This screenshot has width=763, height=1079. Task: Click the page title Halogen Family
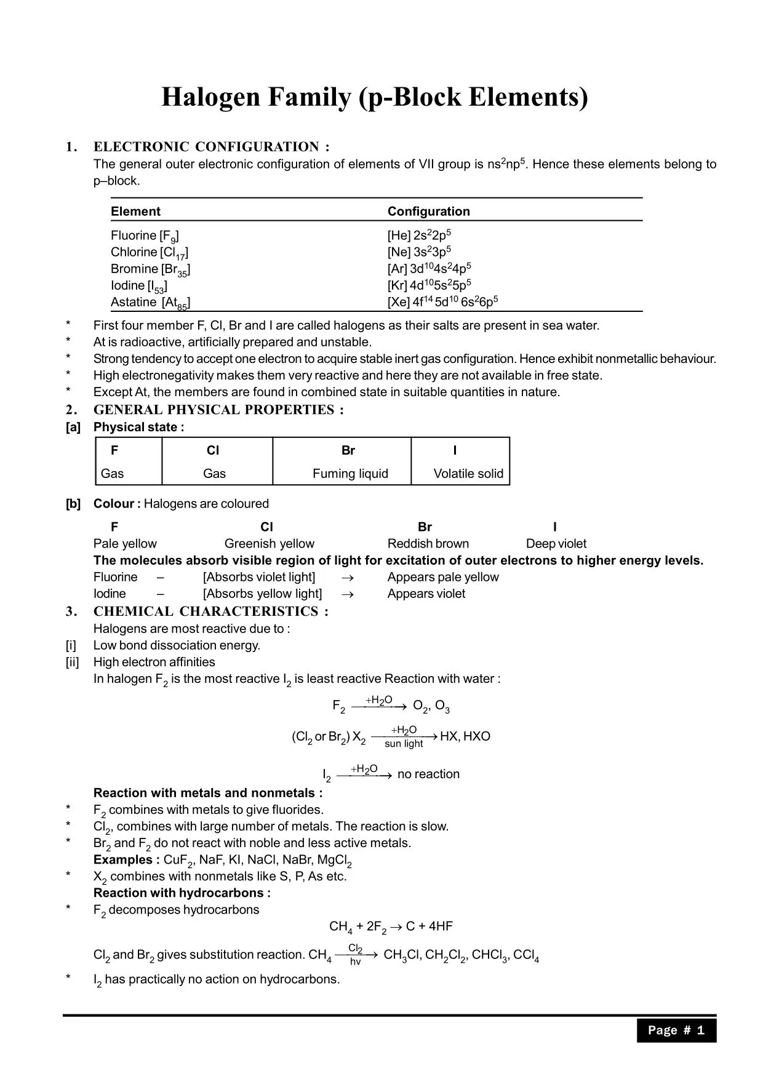pos(374,97)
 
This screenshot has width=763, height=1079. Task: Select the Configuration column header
pos(428,212)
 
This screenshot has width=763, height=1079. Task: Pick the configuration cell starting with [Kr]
pos(429,285)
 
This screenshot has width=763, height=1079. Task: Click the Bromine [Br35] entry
pos(150,269)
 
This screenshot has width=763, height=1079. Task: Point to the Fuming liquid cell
pos(350,474)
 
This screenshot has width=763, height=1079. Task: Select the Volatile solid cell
pos(468,474)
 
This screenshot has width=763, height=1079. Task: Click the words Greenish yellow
pos(269,544)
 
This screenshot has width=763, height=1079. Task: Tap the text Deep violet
pos(556,544)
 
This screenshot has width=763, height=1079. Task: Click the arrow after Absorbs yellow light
pos(347,594)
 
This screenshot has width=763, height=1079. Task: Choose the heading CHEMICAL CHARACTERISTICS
pos(210,611)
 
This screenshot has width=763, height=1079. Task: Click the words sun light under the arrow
pos(404,744)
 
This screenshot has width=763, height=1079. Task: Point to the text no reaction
pos(428,774)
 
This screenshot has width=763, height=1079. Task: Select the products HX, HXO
pos(465,736)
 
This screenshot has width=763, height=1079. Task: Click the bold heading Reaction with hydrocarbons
pos(182,893)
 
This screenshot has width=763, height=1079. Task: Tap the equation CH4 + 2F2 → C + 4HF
pos(391,926)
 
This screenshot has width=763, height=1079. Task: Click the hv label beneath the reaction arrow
pos(355,962)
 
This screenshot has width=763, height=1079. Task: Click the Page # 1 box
pos(676,1030)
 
